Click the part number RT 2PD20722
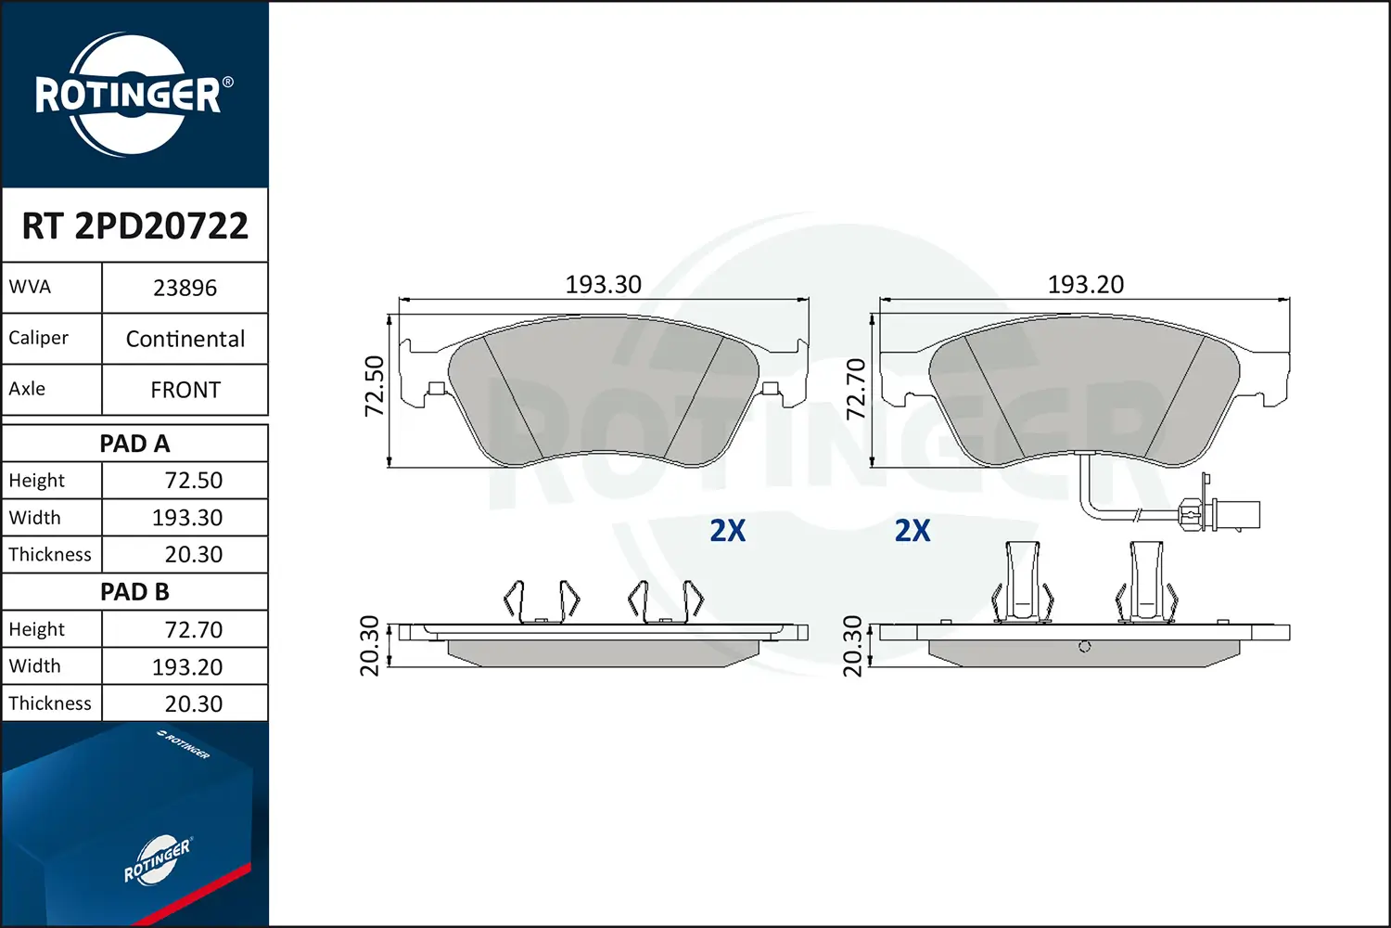(135, 226)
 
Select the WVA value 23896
(185, 289)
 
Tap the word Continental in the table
(185, 340)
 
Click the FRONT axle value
(185, 391)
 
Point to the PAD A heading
(134, 444)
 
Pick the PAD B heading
(134, 592)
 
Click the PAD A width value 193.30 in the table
(187, 518)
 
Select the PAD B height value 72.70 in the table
(193, 630)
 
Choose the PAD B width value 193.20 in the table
(187, 667)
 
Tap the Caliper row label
(39, 338)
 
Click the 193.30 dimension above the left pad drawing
(604, 285)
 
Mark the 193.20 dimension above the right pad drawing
(1086, 285)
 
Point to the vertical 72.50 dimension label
(374, 386)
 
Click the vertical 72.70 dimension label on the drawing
(856, 388)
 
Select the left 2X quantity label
(728, 531)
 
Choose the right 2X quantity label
(912, 531)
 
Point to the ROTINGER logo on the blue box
(157, 860)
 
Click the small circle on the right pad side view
(1085, 647)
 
